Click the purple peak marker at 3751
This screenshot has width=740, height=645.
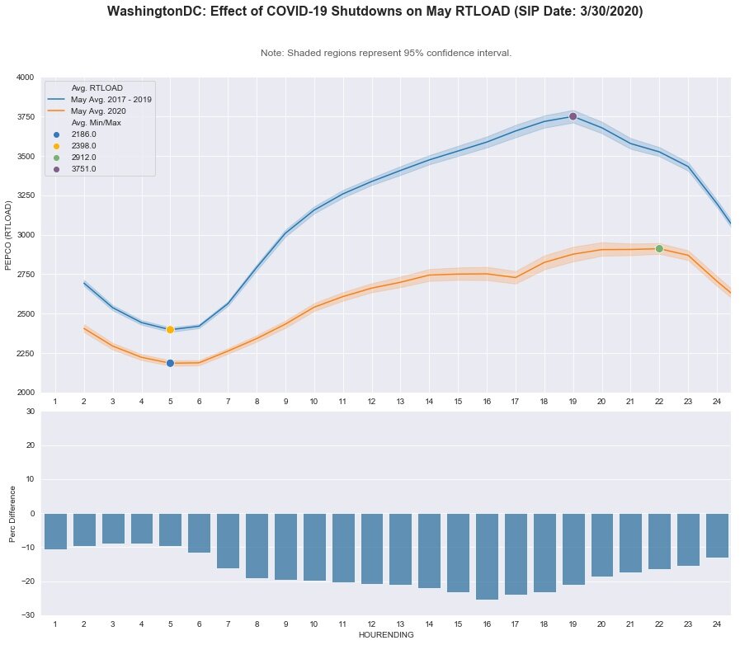tap(573, 116)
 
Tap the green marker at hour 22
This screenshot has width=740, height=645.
tap(659, 248)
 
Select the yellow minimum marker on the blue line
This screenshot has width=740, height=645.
tap(170, 330)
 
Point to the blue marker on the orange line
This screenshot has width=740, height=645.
tap(170, 363)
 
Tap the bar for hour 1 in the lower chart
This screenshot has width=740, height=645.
tap(55, 531)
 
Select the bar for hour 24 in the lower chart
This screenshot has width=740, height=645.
tap(717, 535)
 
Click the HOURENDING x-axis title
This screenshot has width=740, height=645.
tap(385, 636)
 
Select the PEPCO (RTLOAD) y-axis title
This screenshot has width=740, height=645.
tap(9, 235)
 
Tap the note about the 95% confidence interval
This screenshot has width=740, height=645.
tap(385, 53)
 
